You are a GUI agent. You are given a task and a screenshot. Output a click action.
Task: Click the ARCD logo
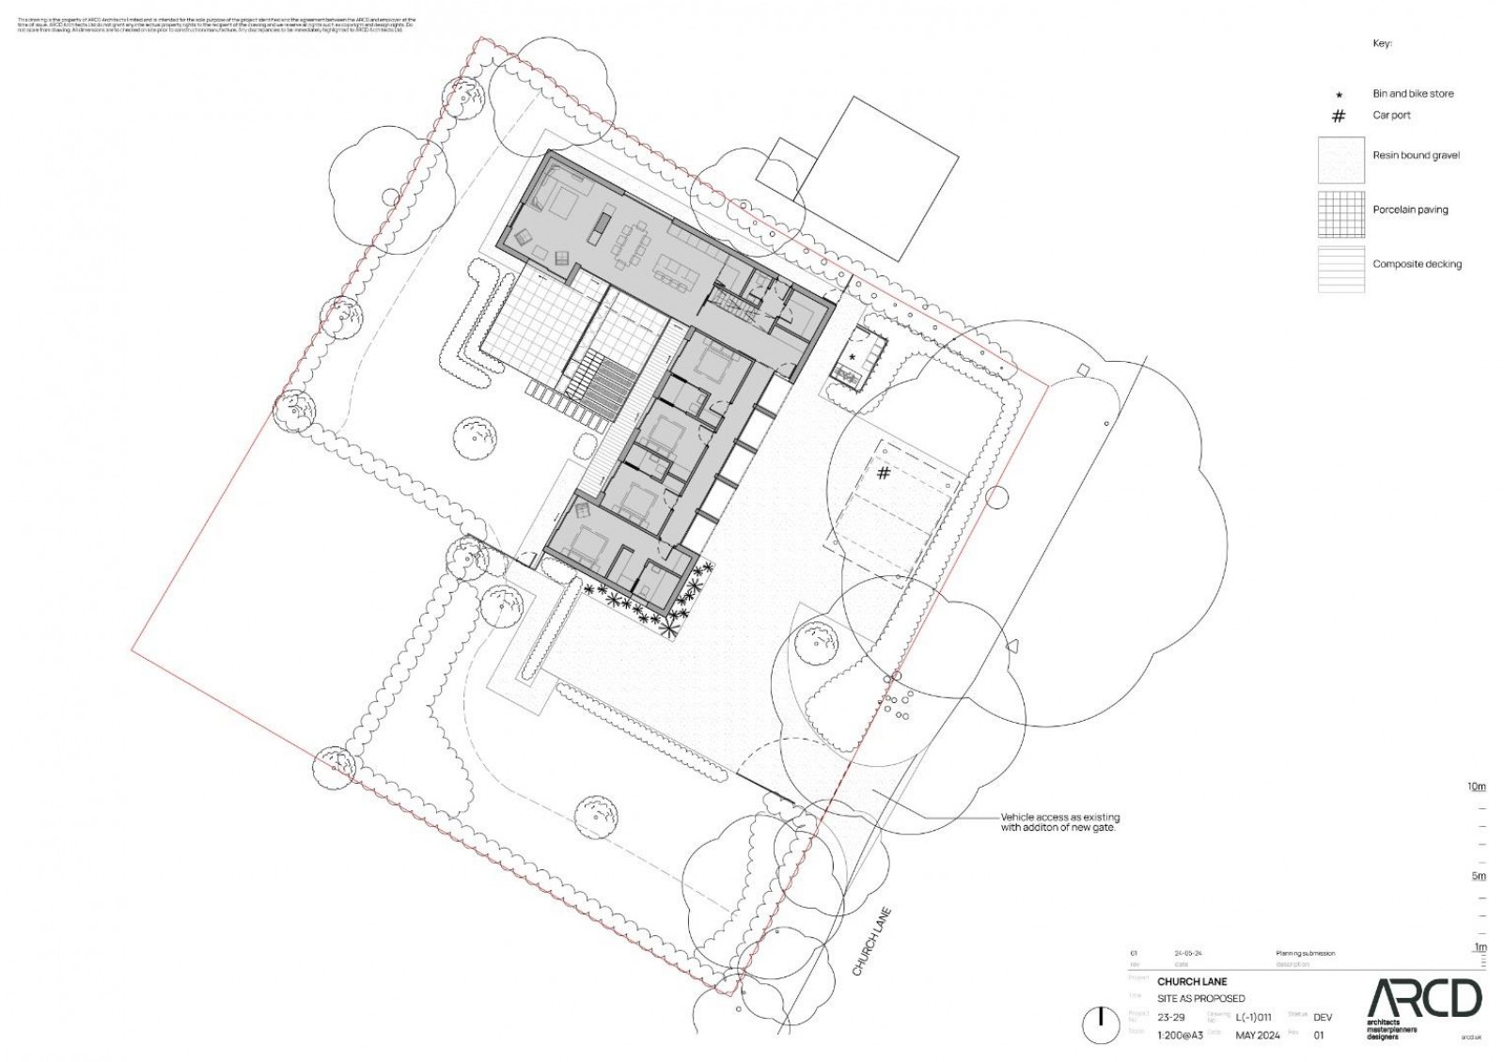pos(1423,998)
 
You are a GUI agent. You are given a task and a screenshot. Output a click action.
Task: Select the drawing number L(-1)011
pos(1253,1017)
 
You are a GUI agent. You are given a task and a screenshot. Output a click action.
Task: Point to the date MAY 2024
pos(1257,1035)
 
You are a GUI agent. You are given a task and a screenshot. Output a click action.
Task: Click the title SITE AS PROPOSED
pos(1200,998)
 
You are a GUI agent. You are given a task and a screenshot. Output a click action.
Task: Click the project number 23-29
pos(1170,1017)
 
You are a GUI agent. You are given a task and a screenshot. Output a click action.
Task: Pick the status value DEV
pos(1323,1017)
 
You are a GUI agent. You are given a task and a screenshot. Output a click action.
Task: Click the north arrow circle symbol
pos(1097,1024)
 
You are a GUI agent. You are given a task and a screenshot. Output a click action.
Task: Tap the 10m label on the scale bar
pos(1477,786)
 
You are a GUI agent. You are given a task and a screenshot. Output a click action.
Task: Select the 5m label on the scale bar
pos(1479,876)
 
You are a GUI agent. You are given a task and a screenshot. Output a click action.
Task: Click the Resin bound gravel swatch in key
pos(1340,160)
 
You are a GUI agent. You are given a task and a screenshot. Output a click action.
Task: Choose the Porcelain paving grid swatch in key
pos(1340,214)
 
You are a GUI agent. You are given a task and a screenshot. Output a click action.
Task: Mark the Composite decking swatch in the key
pos(1340,269)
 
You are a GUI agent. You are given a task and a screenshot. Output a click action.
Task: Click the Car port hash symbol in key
pos(1339,116)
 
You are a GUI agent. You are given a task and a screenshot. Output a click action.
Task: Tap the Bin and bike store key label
pos(1413,94)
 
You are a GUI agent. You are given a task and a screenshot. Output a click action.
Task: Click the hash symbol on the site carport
pos(884,473)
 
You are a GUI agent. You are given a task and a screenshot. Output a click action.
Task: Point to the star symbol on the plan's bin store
pos(853,357)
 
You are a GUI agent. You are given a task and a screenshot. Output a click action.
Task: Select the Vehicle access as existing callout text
pos(1059,822)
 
